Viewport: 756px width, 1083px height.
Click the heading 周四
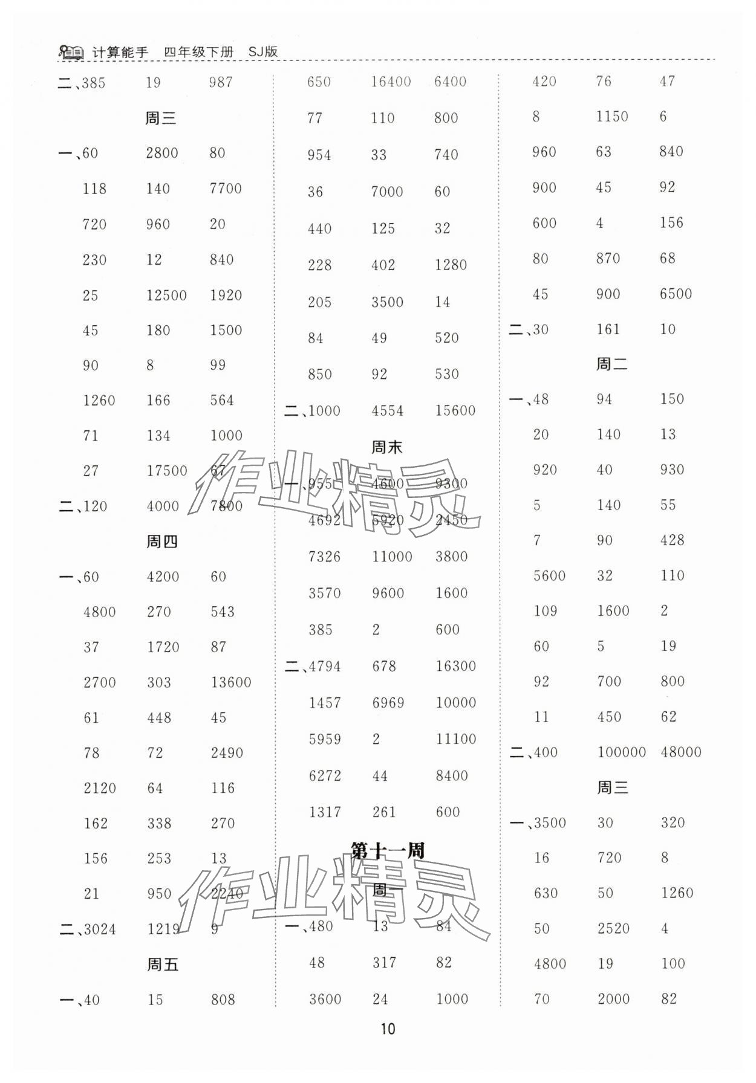[161, 541]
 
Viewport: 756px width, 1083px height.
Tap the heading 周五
[162, 965]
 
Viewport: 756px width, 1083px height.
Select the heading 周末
[386, 447]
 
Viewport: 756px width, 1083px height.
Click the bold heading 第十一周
[388, 851]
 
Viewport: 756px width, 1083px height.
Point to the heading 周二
[611, 364]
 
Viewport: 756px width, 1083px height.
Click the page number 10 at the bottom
[388, 1029]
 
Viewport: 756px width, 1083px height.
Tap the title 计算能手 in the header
[120, 53]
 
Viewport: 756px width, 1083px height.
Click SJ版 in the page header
[263, 52]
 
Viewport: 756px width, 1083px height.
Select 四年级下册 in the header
[198, 53]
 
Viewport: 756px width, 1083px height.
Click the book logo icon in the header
[71, 53]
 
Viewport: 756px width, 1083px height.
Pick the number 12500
[166, 296]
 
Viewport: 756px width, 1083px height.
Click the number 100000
[621, 752]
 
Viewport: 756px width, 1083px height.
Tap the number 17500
[167, 471]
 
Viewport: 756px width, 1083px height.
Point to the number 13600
[231, 683]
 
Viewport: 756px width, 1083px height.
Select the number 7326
[325, 557]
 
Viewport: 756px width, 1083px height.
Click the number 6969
[388, 703]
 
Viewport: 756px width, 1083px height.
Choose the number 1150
[612, 117]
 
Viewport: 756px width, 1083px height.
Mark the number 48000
[681, 752]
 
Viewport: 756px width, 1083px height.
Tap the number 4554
[388, 411]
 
